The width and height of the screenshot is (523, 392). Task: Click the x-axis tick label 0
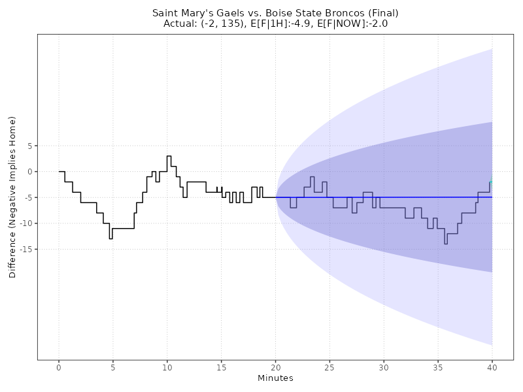pyautogui.click(x=59, y=368)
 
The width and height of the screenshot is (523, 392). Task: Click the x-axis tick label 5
pyautogui.click(x=113, y=368)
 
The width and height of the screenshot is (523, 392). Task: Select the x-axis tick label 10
pyautogui.click(x=167, y=368)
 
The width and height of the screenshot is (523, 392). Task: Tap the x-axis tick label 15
pyautogui.click(x=222, y=368)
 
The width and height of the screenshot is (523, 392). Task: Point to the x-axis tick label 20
pyautogui.click(x=275, y=368)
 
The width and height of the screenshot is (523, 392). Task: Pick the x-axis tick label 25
pyautogui.click(x=329, y=368)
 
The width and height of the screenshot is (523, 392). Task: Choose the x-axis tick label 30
pyautogui.click(x=384, y=368)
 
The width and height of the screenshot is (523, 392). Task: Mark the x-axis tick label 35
pyautogui.click(x=438, y=368)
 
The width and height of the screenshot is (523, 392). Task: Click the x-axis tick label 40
pyautogui.click(x=492, y=368)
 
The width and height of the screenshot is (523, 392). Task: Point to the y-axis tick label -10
pyautogui.click(x=25, y=223)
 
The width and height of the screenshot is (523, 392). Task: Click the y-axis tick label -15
pyautogui.click(x=25, y=249)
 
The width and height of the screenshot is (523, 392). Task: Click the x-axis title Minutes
pyautogui.click(x=275, y=378)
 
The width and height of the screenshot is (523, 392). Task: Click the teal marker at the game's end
pyautogui.click(x=491, y=183)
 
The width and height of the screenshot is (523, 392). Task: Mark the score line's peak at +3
pyautogui.click(x=169, y=156)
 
